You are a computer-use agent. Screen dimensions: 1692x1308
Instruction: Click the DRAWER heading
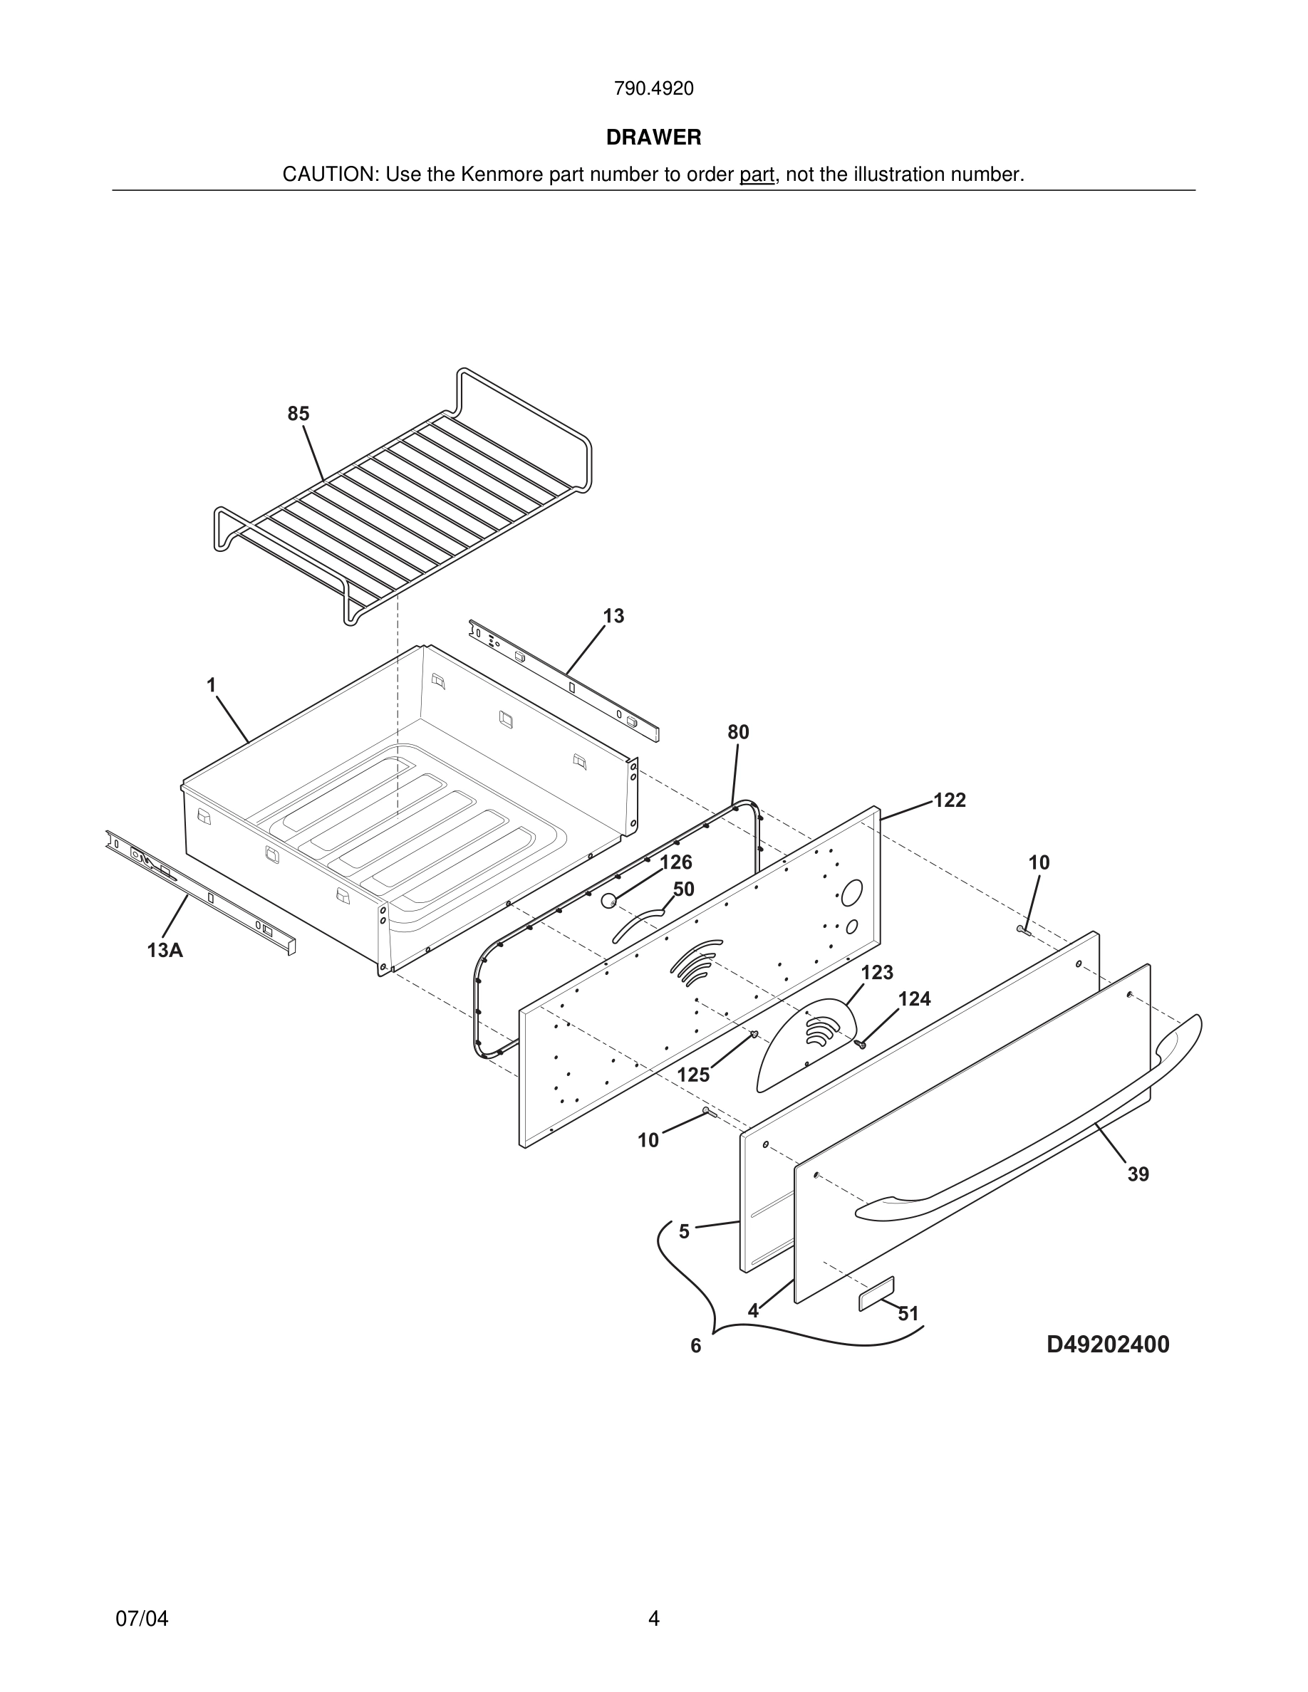point(653,137)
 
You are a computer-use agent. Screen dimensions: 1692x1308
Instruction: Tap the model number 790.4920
point(653,88)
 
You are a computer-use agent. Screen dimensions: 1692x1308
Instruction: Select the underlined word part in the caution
point(757,174)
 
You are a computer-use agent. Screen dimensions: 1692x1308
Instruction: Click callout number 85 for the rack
point(299,414)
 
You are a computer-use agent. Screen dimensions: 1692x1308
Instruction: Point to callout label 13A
point(165,950)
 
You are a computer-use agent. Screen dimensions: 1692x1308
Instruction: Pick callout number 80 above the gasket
point(737,732)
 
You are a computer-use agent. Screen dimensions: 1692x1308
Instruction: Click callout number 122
point(949,800)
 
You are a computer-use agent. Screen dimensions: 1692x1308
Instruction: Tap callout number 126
point(675,862)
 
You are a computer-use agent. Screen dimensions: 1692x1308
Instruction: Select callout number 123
point(877,972)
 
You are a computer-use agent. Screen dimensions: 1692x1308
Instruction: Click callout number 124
point(914,999)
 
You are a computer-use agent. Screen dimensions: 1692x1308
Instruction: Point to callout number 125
point(692,1075)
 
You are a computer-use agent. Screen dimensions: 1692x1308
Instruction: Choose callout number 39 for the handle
point(1138,1174)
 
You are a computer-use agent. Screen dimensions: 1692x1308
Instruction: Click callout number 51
point(908,1314)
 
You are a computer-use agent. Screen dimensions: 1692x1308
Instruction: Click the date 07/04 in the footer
point(142,1619)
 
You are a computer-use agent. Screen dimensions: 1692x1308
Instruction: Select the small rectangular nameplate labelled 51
point(876,1294)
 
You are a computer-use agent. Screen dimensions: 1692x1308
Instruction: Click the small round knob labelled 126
point(608,900)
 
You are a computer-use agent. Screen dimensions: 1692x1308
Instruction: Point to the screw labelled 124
point(859,1045)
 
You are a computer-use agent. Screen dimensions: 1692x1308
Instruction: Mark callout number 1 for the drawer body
point(211,685)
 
